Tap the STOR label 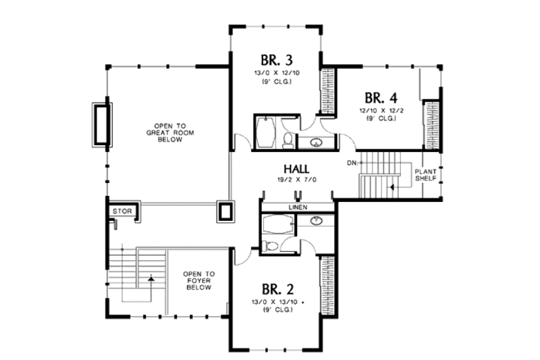tap(122, 211)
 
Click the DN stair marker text tap(351, 163)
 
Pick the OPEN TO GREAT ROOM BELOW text tap(167, 132)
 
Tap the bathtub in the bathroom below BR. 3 tap(265, 132)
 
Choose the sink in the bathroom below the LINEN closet tap(315, 221)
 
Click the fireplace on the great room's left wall tap(102, 124)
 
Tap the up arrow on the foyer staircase tap(151, 278)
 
